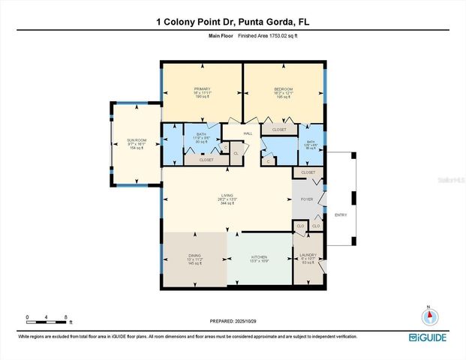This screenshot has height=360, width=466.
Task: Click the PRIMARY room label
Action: (x=201, y=89)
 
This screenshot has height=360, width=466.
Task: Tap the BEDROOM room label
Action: (x=283, y=89)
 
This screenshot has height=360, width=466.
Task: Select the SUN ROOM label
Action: (x=136, y=140)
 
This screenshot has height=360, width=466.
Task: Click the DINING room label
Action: (x=194, y=256)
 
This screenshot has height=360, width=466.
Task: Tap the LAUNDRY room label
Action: (x=308, y=255)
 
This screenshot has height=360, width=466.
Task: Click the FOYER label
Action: (x=307, y=199)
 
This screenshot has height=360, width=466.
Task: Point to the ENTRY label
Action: (x=341, y=215)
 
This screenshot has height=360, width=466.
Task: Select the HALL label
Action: (x=247, y=134)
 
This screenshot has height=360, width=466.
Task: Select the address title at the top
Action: (x=233, y=22)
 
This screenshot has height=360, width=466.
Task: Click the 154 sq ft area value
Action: (x=136, y=148)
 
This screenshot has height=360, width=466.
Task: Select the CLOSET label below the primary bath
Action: (x=206, y=160)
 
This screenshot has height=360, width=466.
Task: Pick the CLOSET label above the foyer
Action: (x=308, y=172)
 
